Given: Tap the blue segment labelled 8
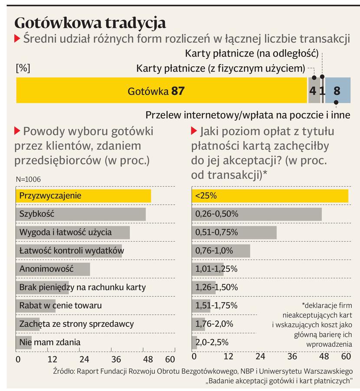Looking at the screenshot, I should click(x=337, y=91).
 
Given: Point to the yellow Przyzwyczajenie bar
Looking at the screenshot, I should click(x=83, y=196).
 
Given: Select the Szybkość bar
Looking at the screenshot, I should click(x=81, y=214).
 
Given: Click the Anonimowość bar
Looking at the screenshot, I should click(x=53, y=269).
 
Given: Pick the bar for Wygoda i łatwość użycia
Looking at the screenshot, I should click(x=73, y=232).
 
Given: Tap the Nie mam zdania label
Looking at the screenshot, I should click(x=50, y=342).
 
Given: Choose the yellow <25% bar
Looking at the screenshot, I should click(x=270, y=196).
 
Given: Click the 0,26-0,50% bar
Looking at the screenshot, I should click(x=257, y=214).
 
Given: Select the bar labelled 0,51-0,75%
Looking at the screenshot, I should click(x=234, y=232).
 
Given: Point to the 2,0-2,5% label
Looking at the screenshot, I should click(x=212, y=342).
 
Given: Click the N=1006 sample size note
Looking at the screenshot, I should click(x=29, y=179).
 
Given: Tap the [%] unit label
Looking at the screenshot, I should click(x=23, y=68).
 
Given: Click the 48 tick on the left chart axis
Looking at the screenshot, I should click(x=148, y=359).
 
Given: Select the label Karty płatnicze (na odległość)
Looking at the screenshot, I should click(x=252, y=54).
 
